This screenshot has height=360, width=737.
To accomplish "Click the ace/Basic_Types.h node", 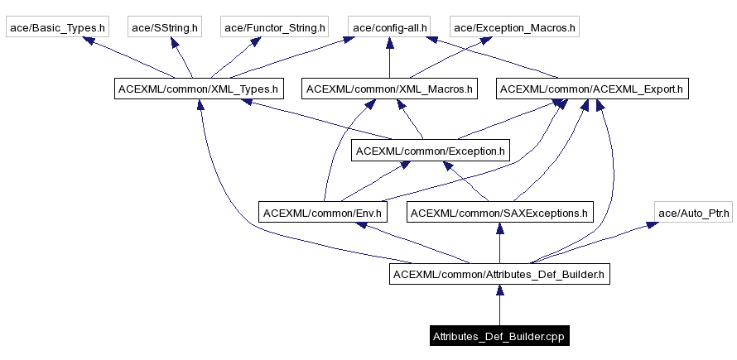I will pos(57,28).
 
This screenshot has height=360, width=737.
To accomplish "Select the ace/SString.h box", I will pos(165,28).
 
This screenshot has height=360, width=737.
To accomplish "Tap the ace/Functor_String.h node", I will pos(273,28).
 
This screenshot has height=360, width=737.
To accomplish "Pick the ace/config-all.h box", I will pos(389,28).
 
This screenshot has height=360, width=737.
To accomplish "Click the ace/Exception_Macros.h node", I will pos(514,28).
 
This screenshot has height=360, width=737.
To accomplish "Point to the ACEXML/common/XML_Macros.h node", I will pos(389,88).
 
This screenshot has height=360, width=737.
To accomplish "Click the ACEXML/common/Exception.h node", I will pos(430,151).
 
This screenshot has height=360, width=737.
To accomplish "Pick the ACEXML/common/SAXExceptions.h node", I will pos(499,213).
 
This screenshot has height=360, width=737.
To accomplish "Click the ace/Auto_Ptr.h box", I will pos(694,213).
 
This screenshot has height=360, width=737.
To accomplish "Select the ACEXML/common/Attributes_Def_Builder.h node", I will pos(499,273).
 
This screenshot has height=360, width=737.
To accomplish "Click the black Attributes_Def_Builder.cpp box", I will pos(499,336).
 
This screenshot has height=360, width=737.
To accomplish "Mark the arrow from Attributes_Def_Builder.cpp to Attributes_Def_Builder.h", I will pos(499,306).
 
